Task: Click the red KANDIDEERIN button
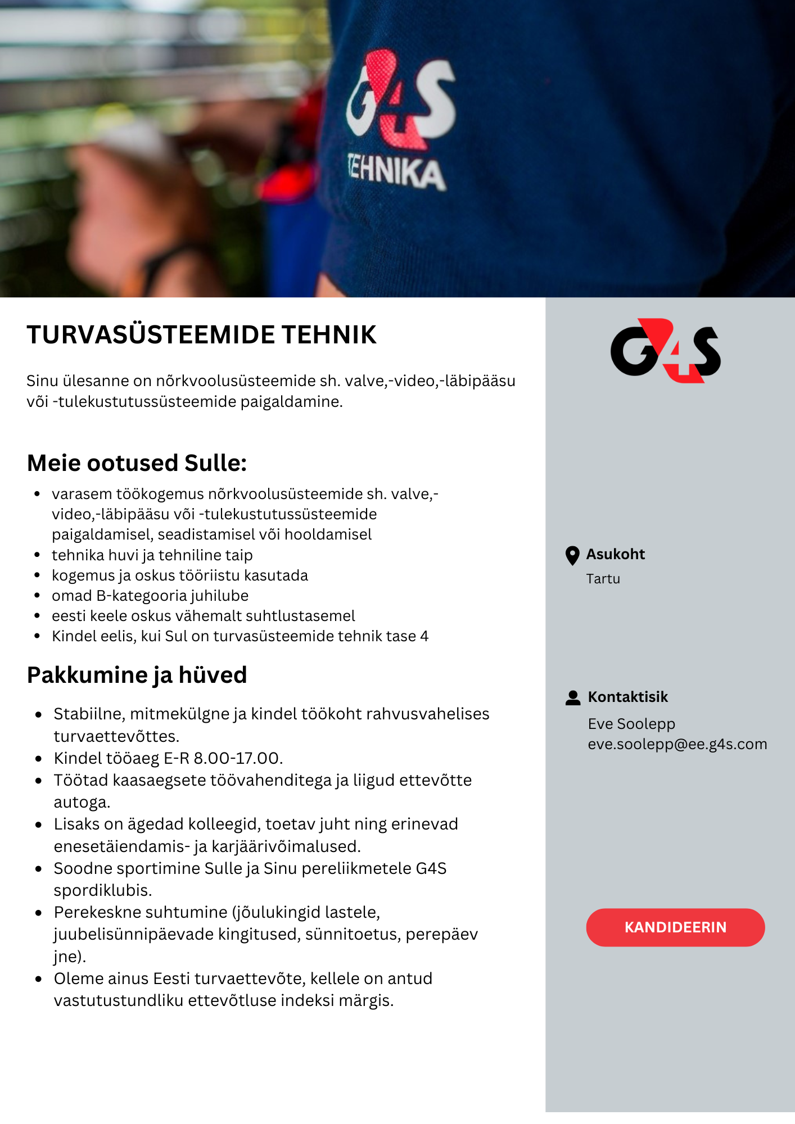(x=675, y=927)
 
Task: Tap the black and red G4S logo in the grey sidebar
(x=666, y=351)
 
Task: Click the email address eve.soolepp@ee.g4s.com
(x=677, y=744)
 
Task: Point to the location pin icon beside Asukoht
(x=572, y=555)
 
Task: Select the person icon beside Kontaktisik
(x=573, y=697)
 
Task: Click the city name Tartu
(x=603, y=579)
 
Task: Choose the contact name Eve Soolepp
(x=631, y=724)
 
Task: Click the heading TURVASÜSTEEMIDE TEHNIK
(x=201, y=335)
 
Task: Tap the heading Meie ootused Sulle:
(x=137, y=463)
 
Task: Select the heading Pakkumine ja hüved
(x=137, y=675)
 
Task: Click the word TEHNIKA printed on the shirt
(x=397, y=172)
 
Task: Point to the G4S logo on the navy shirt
(x=400, y=100)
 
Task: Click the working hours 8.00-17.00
(x=236, y=759)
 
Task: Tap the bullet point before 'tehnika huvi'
(x=37, y=555)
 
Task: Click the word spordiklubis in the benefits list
(x=102, y=891)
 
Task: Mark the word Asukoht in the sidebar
(x=616, y=555)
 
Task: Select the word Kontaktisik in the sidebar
(x=627, y=697)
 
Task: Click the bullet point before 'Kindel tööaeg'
(x=38, y=759)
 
